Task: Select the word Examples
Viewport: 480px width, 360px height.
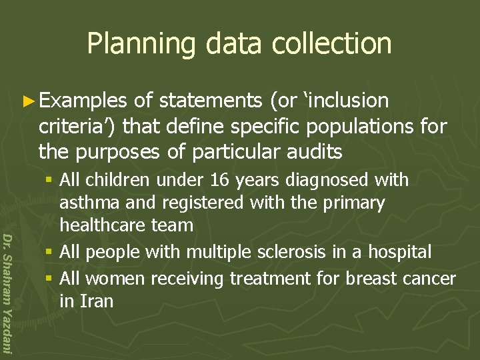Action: (83, 101)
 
